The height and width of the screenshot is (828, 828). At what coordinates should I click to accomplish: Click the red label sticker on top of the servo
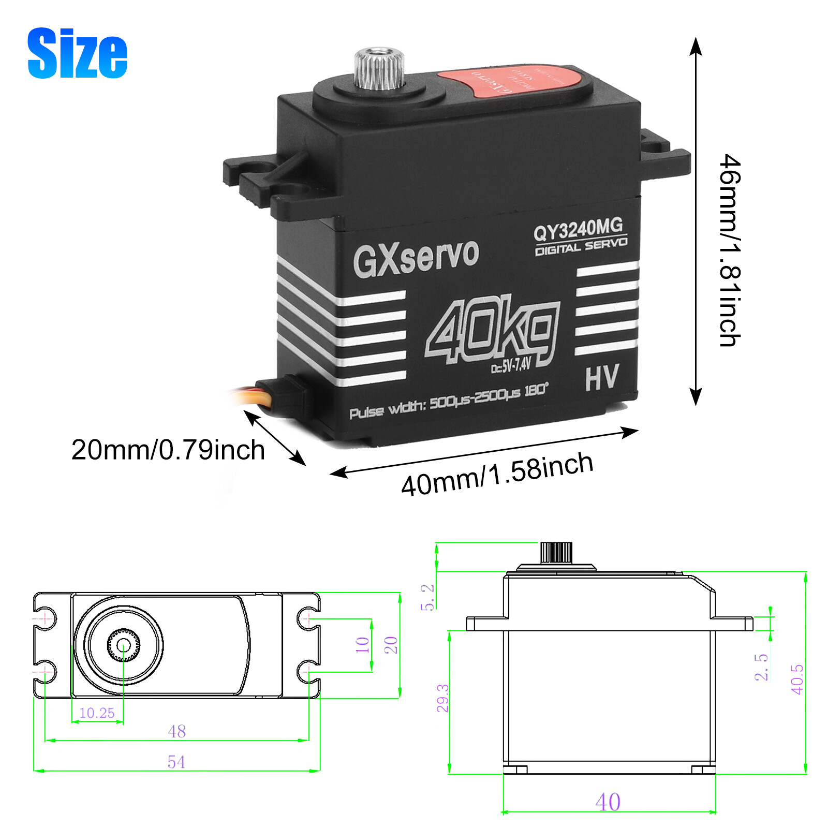coord(507,81)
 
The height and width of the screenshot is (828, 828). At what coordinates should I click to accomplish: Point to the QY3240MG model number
coord(578,228)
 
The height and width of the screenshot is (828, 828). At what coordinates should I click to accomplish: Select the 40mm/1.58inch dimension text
coord(497,474)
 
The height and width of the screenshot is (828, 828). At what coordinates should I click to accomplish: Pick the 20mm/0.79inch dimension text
coord(168,449)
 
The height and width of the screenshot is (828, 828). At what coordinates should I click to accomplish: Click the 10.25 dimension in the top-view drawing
coord(97,713)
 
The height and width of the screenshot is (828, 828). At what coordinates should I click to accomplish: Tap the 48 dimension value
coord(176,731)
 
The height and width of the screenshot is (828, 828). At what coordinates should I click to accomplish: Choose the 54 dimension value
coord(176,762)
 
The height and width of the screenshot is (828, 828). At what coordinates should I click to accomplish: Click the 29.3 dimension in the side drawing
coord(442,698)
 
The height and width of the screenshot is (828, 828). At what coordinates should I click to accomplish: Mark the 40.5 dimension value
coord(797,679)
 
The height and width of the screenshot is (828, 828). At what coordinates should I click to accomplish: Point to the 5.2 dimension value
coord(427,598)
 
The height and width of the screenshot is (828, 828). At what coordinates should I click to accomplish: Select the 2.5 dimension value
coord(761,667)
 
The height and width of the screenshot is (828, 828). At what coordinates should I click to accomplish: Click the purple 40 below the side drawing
coord(608,802)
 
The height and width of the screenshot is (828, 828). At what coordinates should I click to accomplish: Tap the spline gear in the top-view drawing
coord(123,645)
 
